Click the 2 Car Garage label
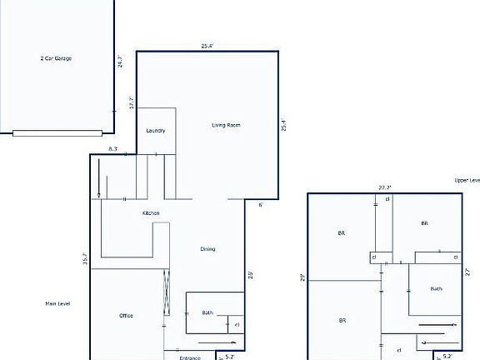pos(57,59)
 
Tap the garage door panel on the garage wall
pos(57,132)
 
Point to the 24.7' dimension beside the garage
pos(121,62)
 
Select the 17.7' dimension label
pos(131,102)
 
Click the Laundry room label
pos(156,131)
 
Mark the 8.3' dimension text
pos(112,149)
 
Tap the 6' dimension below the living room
pos(260,204)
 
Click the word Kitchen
pos(151,213)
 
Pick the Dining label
pos(207,249)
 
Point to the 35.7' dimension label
pos(85,259)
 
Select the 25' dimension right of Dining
pos(250,274)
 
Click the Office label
pos(126,316)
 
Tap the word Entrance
pos(190,357)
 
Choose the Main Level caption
pos(57,303)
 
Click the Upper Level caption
pos(467,180)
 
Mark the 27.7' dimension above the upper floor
pos(384,188)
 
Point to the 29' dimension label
pos(302,277)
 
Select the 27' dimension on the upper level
pos(468,272)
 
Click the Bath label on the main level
pos(207,312)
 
